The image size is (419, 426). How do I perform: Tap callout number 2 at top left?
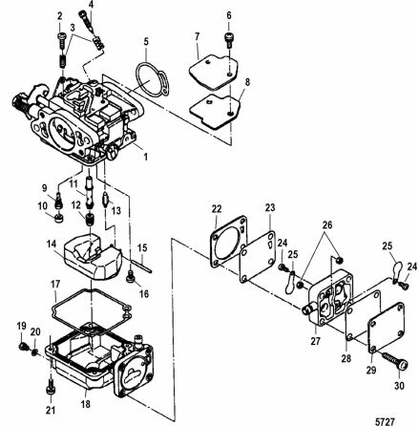tap(59, 17)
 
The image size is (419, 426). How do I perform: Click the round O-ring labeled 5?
tap(147, 75)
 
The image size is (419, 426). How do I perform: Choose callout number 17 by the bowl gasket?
tap(55, 284)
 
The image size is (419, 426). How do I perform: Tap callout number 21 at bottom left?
tap(52, 411)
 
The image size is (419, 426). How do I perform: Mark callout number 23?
tap(270, 206)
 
